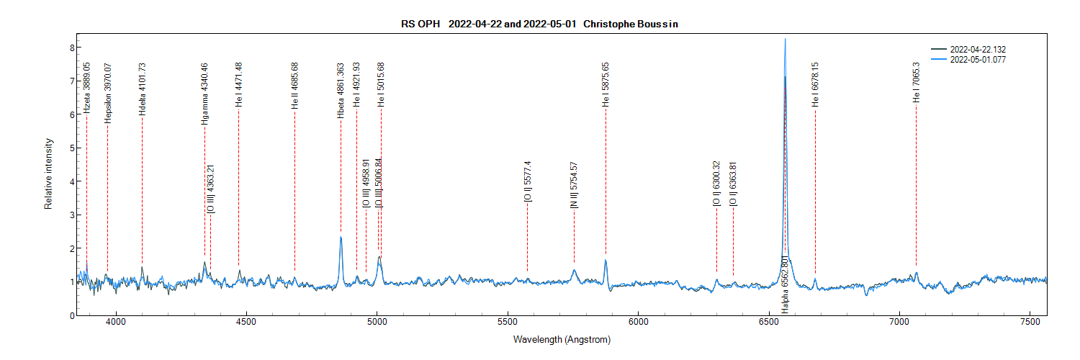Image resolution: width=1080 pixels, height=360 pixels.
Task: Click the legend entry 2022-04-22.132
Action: tap(978, 49)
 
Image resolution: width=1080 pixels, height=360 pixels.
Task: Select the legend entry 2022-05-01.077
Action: tap(978, 60)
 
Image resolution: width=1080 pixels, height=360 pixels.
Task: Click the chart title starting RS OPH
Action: tap(539, 24)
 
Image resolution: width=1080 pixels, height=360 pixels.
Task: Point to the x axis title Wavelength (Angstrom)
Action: tap(562, 339)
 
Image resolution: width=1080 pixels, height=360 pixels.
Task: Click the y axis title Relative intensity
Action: tap(49, 174)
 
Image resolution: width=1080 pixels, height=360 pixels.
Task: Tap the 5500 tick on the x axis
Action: tap(508, 323)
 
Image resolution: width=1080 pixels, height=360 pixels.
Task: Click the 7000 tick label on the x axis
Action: tap(899, 323)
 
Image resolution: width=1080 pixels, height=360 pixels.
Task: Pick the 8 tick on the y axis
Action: tap(73, 48)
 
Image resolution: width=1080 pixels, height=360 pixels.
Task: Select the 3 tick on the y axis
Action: tap(73, 215)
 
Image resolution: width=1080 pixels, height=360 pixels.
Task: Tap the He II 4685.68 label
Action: tap(294, 86)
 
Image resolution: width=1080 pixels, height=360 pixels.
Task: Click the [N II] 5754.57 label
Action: tap(574, 185)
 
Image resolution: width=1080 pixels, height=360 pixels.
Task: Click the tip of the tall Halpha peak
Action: tap(785, 39)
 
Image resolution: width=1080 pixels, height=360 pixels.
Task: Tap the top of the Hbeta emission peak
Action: tap(341, 237)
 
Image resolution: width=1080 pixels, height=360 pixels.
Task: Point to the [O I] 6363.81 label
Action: tap(733, 185)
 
